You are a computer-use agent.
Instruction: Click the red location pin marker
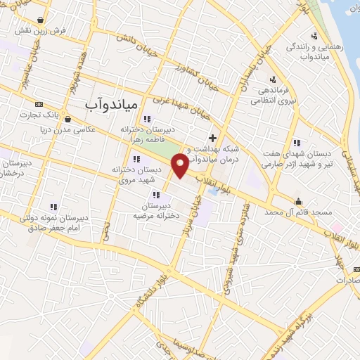(181, 166)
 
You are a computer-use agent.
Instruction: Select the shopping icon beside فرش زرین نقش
(44, 20)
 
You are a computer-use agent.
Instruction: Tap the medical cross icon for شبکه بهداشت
(212, 137)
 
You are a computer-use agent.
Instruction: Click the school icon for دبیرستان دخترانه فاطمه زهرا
(147, 118)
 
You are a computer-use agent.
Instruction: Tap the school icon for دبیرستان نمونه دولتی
(53, 206)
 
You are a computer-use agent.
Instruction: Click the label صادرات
(348, 279)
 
